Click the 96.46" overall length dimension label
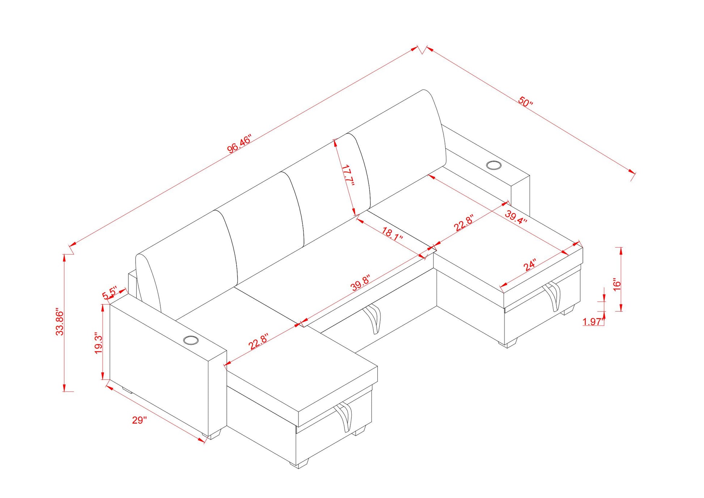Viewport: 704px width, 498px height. coord(238,144)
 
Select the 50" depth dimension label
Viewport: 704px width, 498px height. coord(525,101)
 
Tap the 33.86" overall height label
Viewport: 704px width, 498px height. coord(60,322)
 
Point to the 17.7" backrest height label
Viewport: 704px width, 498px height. coord(347,175)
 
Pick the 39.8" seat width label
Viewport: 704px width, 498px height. coord(361,283)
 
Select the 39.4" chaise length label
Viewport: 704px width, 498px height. coord(516,217)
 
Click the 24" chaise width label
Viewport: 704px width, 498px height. coord(530,265)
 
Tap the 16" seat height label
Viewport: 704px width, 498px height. coord(617,284)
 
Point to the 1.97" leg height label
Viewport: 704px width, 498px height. coord(593,321)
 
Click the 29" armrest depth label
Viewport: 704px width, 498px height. coord(139,420)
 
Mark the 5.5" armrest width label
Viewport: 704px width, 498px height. coord(110,293)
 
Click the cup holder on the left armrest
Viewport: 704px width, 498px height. coord(191,340)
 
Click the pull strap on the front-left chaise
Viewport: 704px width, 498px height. coord(344,417)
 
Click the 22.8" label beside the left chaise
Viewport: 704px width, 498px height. coord(258,341)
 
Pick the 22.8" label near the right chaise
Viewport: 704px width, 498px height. coord(464,223)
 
